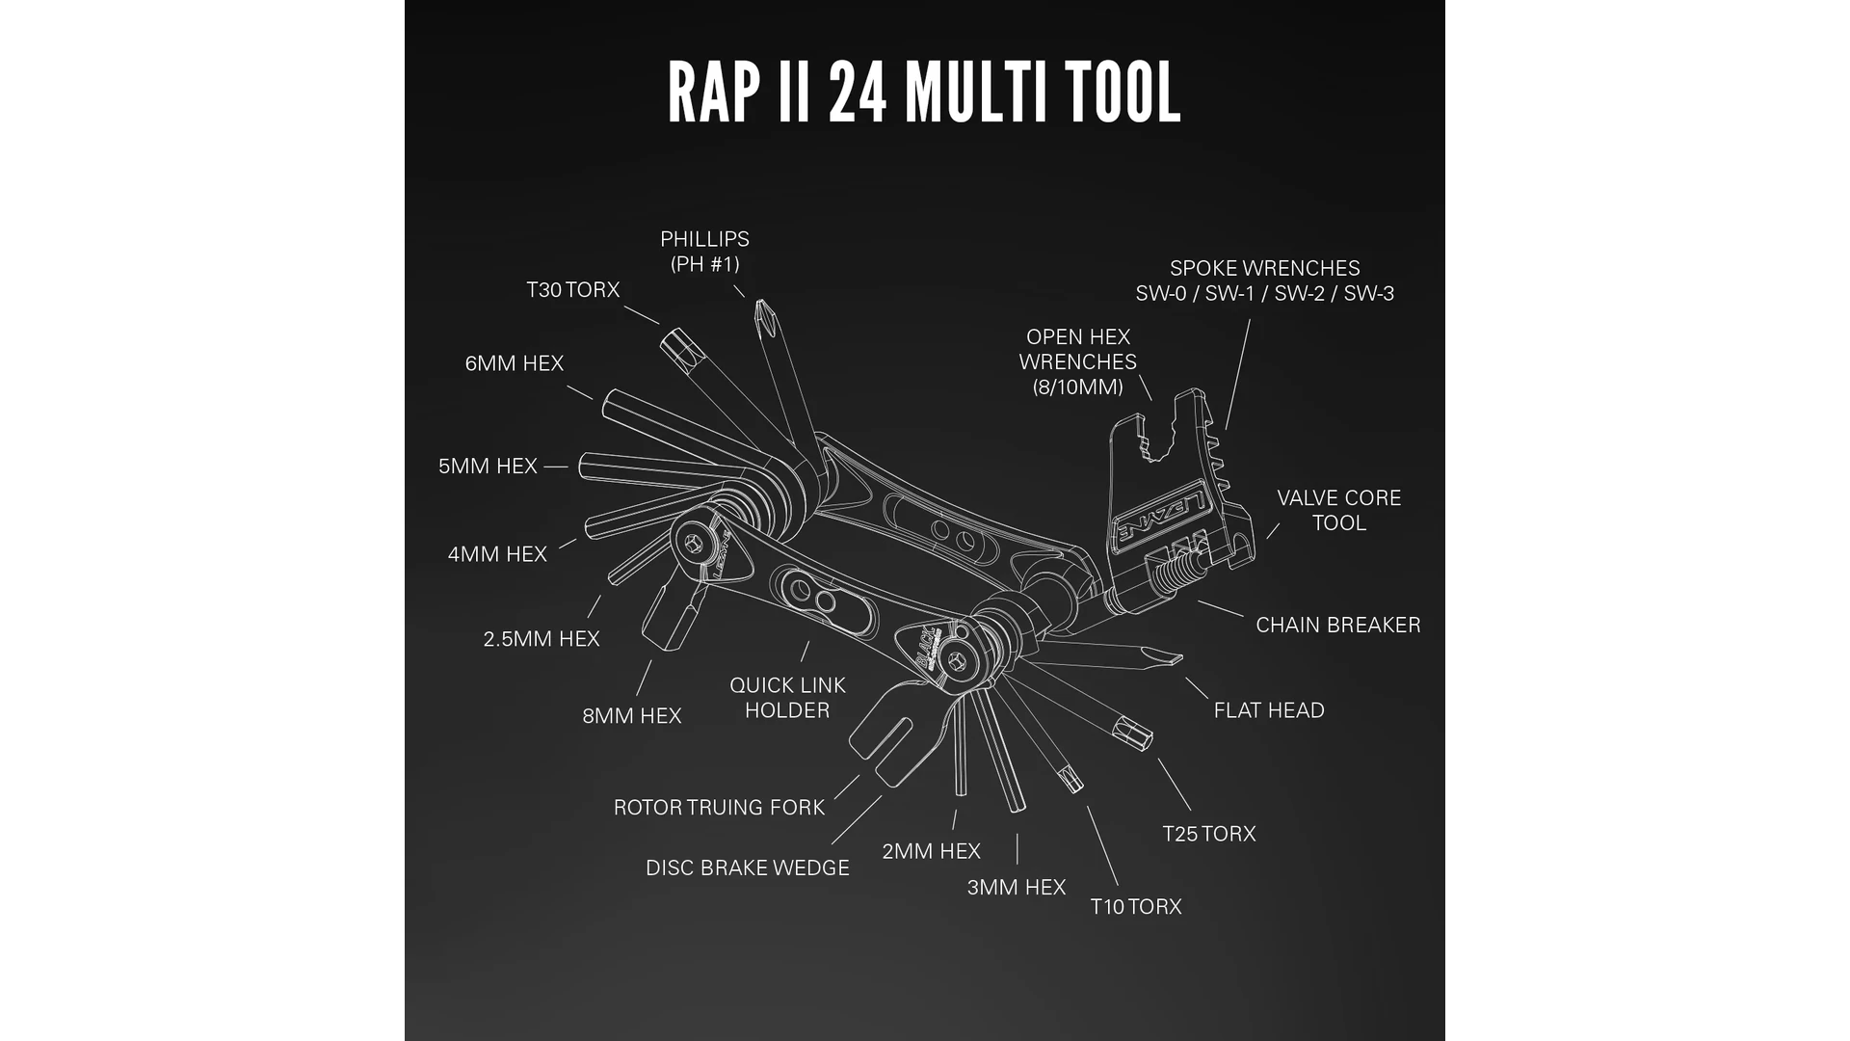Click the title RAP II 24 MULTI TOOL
pos(924,93)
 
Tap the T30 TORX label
pos(572,290)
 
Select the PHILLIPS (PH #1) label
pos(704,252)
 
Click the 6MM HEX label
pos(514,363)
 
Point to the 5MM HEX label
pos(488,467)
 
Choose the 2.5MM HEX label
pos(542,639)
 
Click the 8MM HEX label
pos(631,716)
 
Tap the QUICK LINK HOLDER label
pos(787,698)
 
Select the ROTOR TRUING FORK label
pos(719,808)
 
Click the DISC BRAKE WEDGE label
pos(747,868)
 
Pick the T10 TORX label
pos(1135,907)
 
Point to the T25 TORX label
pos(1208,834)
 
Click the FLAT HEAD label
pos(1268,710)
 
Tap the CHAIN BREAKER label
pos(1337,626)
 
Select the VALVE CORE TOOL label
pos(1338,511)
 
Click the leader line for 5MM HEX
pos(556,467)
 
